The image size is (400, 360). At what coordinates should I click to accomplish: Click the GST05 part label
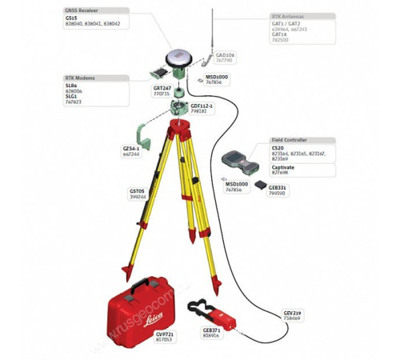coord(138,190)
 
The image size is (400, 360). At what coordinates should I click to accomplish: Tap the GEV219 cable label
coord(294,312)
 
